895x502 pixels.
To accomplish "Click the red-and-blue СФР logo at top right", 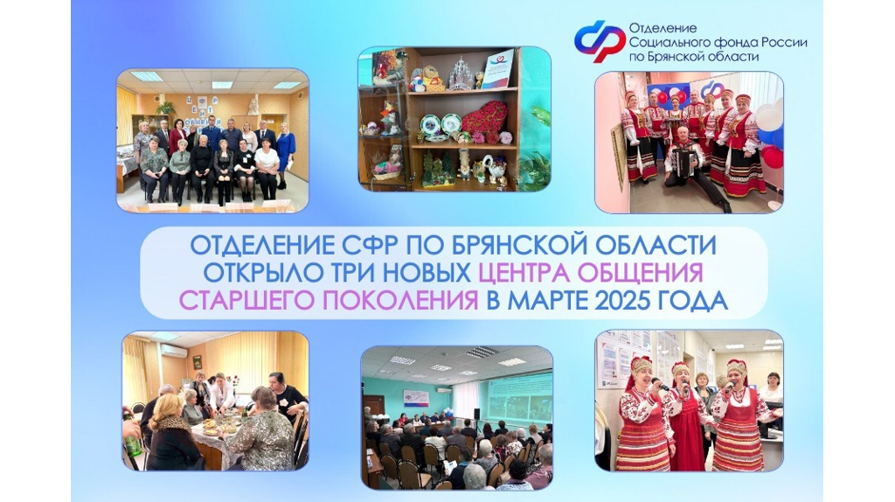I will (x=599, y=40).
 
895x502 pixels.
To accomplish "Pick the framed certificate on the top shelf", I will (x=496, y=70).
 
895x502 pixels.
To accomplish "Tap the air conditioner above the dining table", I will (x=174, y=350).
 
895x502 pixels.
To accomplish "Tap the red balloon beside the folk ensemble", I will (x=774, y=157).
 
